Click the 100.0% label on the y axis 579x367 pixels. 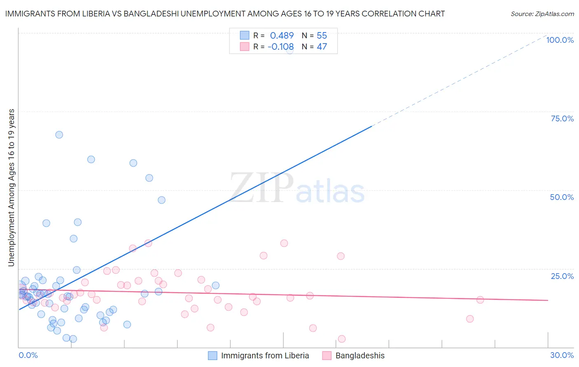(x=560, y=40)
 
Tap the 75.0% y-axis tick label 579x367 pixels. (x=562, y=118)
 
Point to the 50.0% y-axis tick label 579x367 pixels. (x=562, y=197)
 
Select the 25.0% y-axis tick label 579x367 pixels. (x=562, y=276)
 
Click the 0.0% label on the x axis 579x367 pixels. (x=28, y=355)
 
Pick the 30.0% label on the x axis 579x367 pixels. (x=562, y=355)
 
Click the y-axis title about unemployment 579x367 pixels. (x=11, y=187)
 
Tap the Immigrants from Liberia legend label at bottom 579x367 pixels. (x=265, y=355)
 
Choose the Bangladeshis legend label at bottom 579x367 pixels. (x=360, y=355)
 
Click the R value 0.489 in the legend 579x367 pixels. (x=282, y=36)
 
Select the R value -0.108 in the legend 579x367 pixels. (x=280, y=47)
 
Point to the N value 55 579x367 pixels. (x=322, y=36)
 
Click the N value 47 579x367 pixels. (x=322, y=47)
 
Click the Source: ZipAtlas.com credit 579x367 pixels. (x=542, y=14)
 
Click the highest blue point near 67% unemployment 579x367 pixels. (x=59, y=135)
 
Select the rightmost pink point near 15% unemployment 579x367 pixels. (x=480, y=300)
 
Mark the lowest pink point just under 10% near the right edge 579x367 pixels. (x=469, y=318)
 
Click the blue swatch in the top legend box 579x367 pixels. (x=245, y=35)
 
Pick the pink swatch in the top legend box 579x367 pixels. (x=245, y=46)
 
